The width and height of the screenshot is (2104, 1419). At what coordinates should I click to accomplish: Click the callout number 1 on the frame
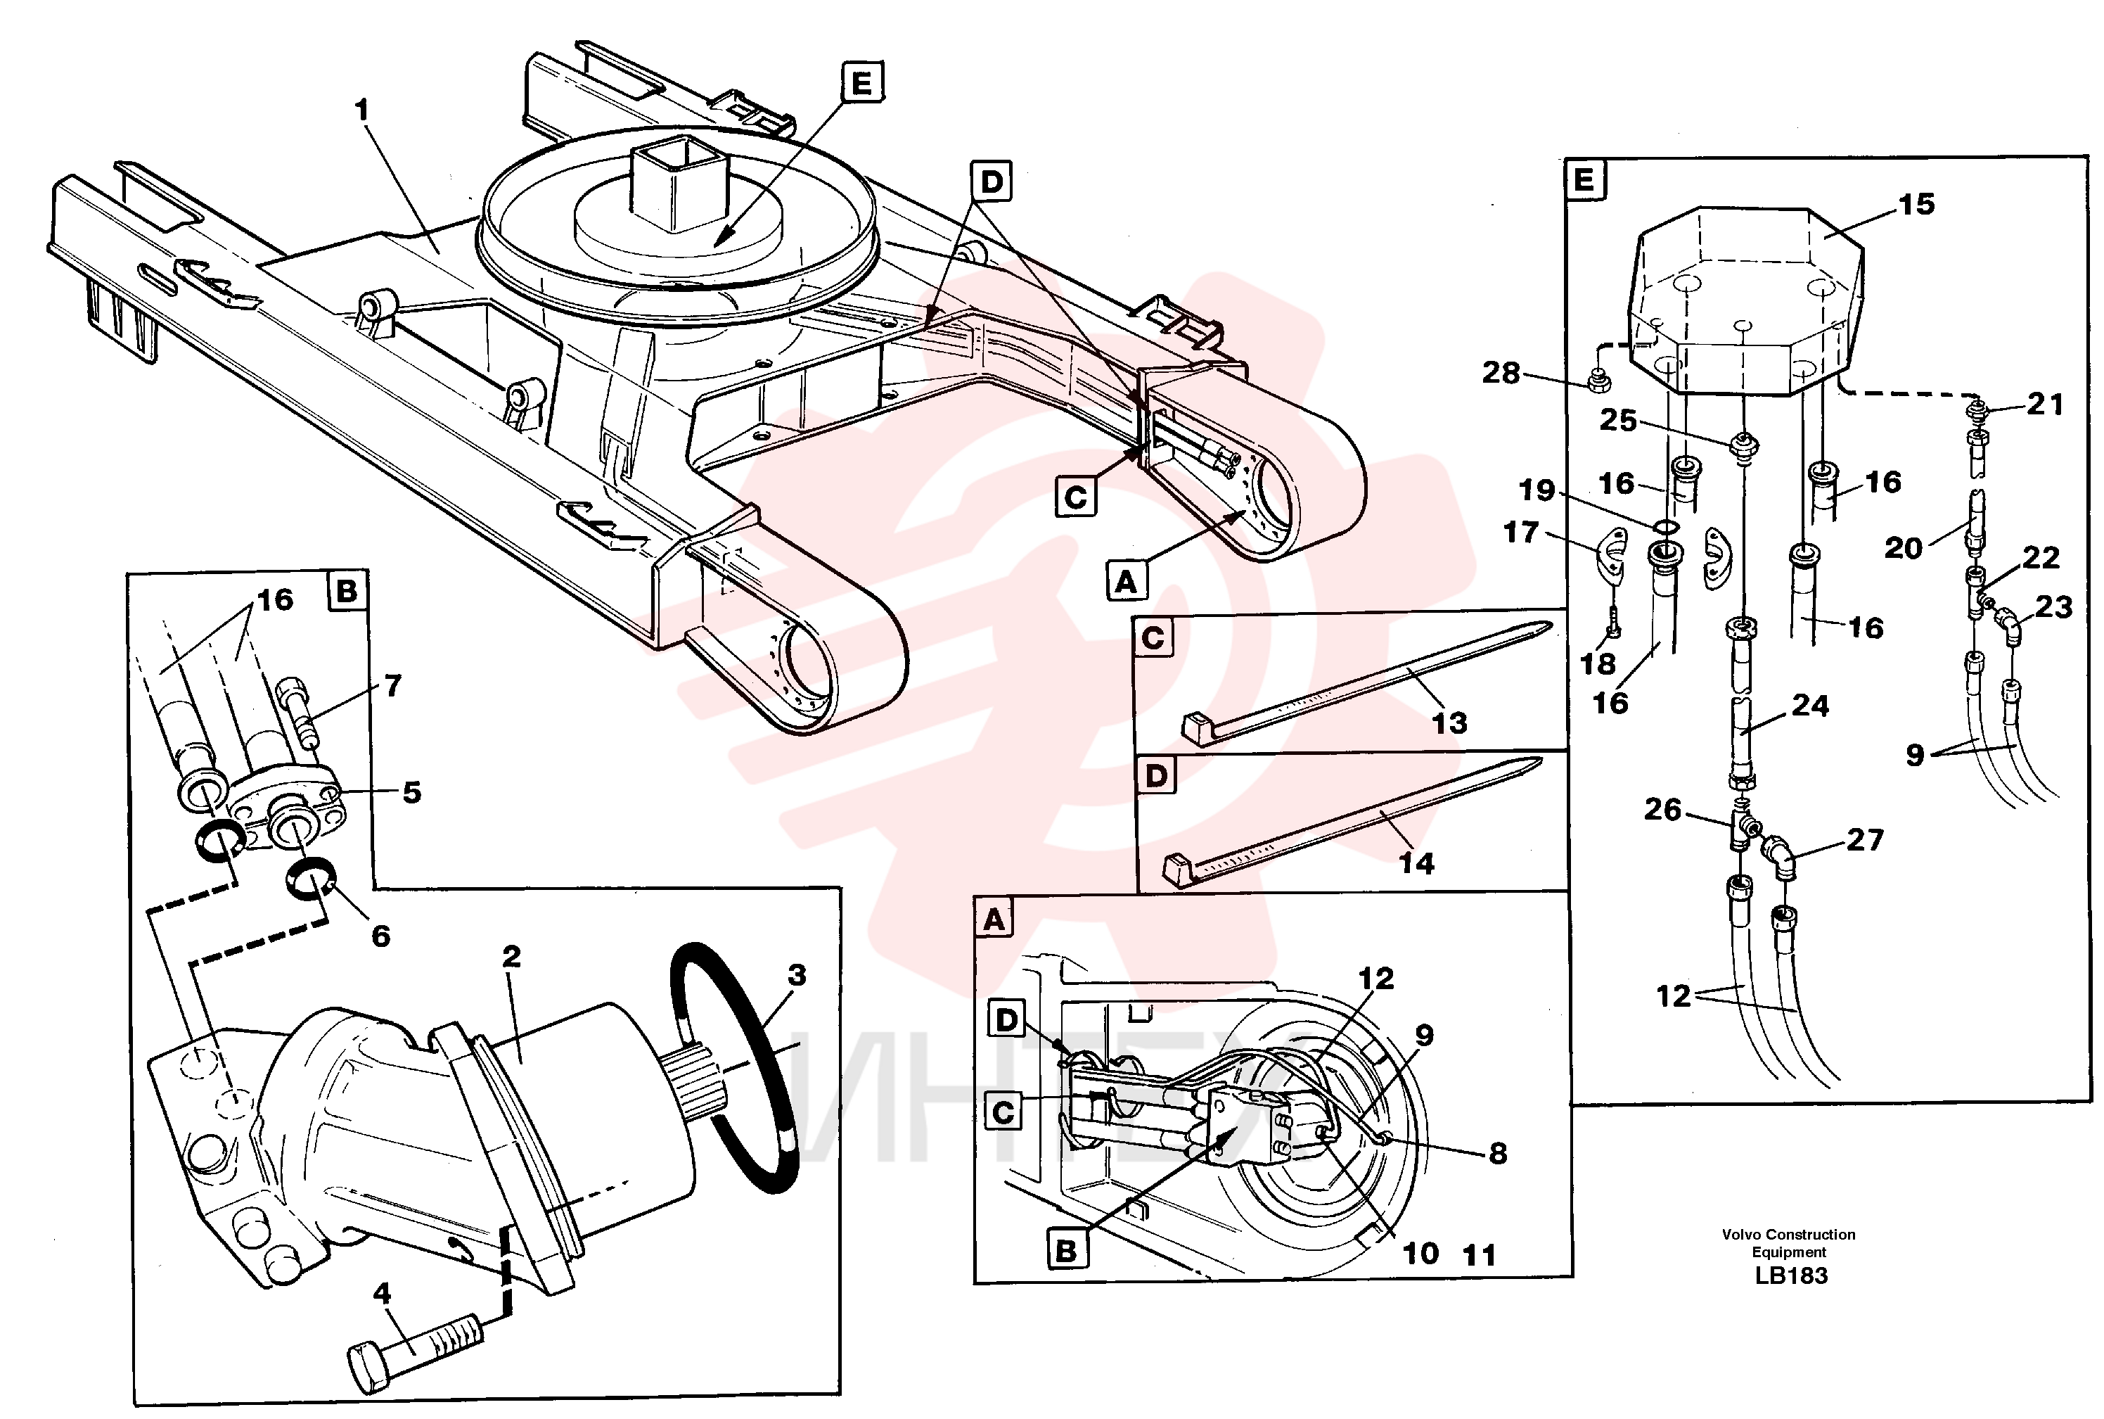[x=362, y=110]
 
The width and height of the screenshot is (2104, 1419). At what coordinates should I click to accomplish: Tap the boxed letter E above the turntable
[x=861, y=83]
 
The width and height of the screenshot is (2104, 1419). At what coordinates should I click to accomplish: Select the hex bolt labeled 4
[x=413, y=1353]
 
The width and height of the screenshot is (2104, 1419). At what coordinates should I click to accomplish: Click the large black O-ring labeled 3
[x=734, y=1068]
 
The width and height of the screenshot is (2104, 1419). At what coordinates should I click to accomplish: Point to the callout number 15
[x=1916, y=205]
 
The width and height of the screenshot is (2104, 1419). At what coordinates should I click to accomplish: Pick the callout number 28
[x=1501, y=373]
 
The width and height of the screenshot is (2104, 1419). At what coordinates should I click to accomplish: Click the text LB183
[x=1791, y=1276]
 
